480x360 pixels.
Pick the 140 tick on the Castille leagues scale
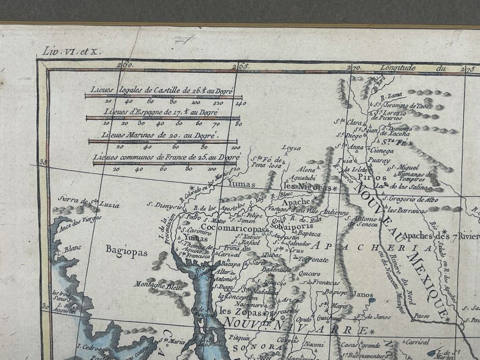tap(238, 103)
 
